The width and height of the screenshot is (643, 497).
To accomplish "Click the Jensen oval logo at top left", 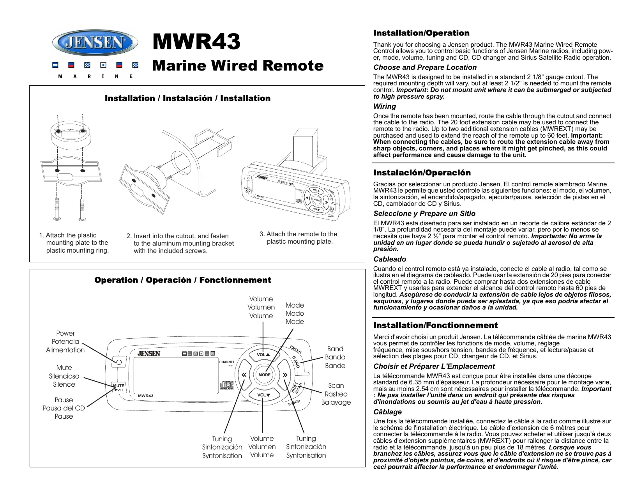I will point(95,42).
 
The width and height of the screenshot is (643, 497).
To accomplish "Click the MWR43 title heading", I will point(196,42).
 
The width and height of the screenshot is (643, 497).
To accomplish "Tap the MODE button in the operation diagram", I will point(265,375).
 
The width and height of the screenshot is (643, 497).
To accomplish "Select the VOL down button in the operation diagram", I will point(263,395).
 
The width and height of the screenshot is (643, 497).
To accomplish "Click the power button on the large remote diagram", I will point(119,362).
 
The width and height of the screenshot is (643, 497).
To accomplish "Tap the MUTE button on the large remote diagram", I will point(118,387).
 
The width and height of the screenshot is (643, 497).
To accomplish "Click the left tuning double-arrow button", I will point(244,375).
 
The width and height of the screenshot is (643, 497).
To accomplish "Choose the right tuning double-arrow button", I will point(285,375).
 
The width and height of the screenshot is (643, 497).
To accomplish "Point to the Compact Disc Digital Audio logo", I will point(227,385).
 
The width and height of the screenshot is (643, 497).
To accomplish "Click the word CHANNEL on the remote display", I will point(227,362).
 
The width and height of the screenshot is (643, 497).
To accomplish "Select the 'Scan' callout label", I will point(336,386).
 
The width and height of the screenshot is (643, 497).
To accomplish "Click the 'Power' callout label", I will point(65,333).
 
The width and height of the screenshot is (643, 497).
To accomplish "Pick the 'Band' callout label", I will point(335,349).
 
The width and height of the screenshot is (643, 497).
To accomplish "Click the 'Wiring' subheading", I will point(385,106).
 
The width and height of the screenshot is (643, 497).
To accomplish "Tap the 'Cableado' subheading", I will point(390,259).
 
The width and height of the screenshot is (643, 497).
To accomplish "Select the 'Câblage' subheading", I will point(387,412).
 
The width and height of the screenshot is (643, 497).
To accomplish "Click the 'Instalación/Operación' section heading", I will point(422,173).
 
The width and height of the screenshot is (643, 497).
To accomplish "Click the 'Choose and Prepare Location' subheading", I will point(425,67).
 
